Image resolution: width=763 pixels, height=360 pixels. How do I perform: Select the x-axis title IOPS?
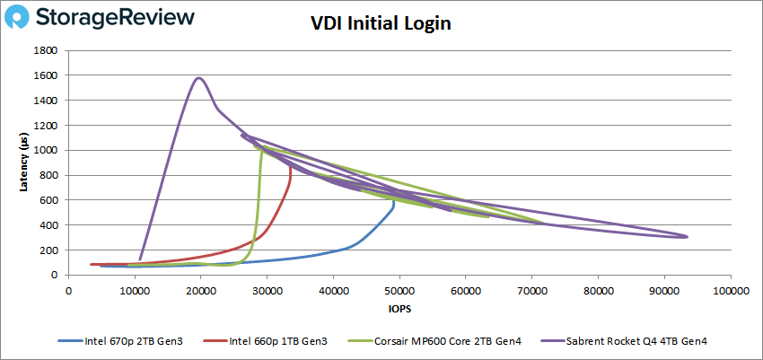pos(399,309)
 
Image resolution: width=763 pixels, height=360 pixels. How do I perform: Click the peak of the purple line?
pos(198,78)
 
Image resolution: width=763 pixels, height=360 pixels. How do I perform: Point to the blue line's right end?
pos(394,202)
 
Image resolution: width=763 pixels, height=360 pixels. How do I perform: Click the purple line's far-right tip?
pos(687,236)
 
